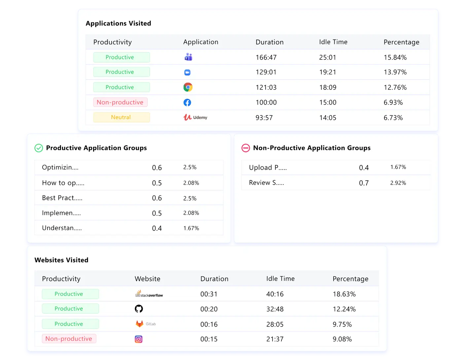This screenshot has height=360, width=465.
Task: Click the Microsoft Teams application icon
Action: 188,57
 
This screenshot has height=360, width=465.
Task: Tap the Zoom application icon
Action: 187,72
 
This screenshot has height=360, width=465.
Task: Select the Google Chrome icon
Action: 188,87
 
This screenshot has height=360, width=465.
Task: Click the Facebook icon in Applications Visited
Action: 187,102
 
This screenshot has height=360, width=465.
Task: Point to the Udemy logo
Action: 195,117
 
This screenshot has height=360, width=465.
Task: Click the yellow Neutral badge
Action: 121,117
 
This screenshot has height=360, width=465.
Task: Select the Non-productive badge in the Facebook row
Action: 120,102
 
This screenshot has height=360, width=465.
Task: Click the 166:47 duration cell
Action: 266,57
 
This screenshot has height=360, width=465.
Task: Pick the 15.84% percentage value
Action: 395,57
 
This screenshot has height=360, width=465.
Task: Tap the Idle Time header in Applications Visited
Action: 333,42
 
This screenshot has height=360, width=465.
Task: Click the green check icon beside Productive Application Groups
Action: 39,148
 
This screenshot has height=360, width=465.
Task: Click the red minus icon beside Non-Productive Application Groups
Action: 246,148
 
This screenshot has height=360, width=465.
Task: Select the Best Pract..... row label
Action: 62,198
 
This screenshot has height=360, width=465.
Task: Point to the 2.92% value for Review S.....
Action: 398,183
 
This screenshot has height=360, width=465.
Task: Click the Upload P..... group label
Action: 268,167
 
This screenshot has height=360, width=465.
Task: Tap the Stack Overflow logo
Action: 149,294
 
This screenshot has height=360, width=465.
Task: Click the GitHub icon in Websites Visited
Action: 139,309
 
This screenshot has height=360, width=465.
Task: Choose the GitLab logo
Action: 145,324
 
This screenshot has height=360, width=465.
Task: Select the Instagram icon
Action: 139,339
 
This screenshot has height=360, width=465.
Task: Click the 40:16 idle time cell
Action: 275,294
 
